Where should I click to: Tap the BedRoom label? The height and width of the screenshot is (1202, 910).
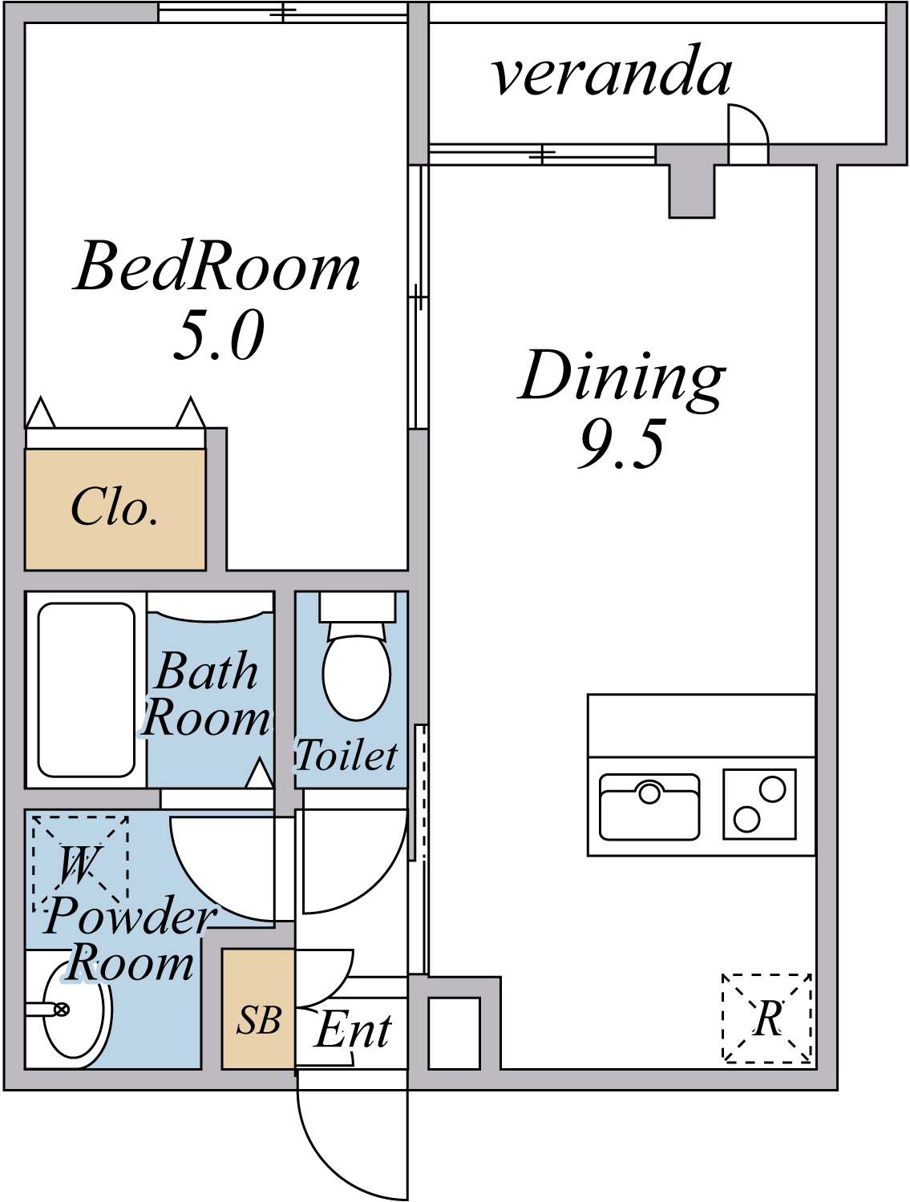point(217,265)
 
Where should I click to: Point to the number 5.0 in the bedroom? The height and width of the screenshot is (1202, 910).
point(219,335)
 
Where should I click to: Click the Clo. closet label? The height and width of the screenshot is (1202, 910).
point(115,506)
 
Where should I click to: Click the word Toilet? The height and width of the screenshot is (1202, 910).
point(347,756)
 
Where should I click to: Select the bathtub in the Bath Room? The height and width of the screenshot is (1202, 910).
point(86,689)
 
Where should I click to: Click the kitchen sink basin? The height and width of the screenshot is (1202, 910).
point(649,807)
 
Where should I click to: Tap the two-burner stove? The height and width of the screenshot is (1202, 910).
point(759,804)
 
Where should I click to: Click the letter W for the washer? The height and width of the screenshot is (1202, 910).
point(79,865)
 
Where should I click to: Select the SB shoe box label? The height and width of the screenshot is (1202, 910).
point(259,1019)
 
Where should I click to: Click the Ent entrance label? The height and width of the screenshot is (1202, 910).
point(354,1029)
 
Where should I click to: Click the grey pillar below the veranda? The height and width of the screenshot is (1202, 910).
point(691,189)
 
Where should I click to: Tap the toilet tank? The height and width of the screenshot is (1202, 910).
point(358,606)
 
